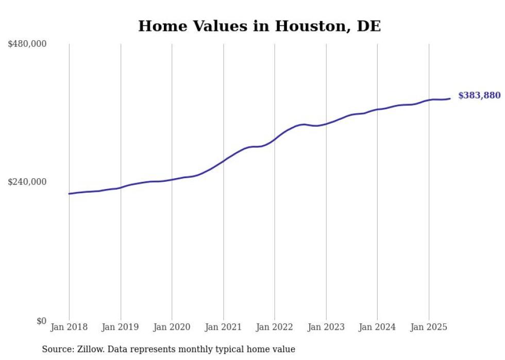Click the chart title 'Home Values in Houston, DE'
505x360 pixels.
click(259, 26)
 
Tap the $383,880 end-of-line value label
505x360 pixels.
click(479, 95)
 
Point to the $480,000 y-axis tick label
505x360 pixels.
click(27, 44)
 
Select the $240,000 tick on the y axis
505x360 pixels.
click(27, 182)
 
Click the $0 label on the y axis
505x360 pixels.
click(41, 321)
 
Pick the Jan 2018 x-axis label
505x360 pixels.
click(69, 327)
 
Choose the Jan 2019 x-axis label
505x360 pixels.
click(121, 327)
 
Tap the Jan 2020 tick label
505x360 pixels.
click(172, 327)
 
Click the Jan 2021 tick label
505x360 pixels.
click(223, 327)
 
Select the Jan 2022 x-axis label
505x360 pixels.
click(275, 327)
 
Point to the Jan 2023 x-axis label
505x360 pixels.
click(326, 327)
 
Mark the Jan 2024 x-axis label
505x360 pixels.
click(377, 327)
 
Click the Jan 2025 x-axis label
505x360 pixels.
click(429, 327)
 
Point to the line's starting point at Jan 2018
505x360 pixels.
click(69, 194)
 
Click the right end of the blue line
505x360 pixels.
click(450, 98)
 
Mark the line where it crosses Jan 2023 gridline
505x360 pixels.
click(326, 124)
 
